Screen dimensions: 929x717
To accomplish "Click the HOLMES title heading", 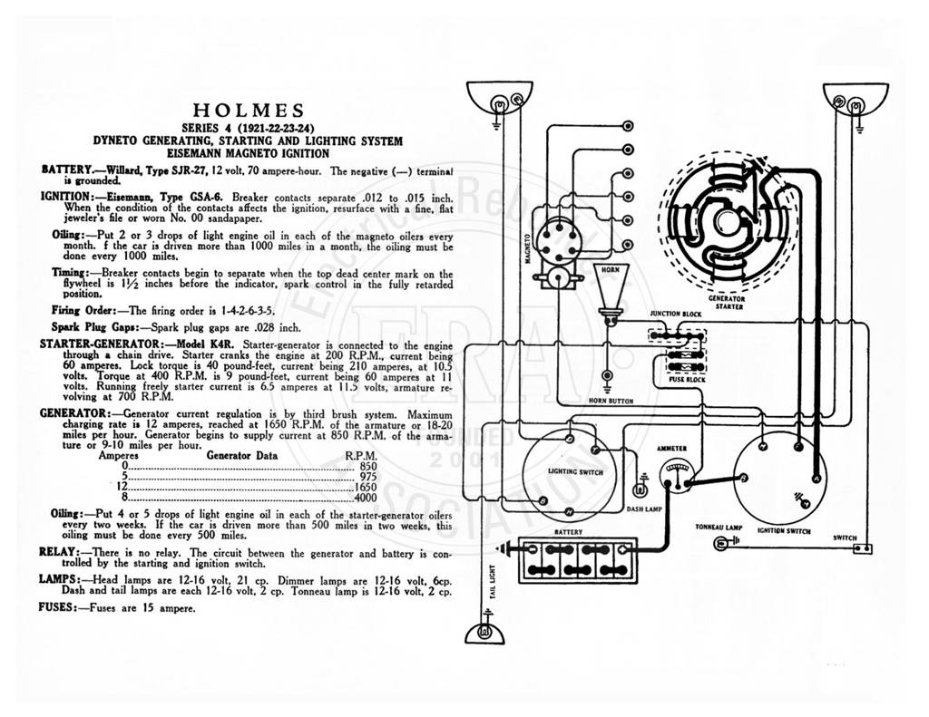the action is tap(249, 111).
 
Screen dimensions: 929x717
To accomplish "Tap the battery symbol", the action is tap(578, 560).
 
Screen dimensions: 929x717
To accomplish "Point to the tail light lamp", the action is tap(485, 634).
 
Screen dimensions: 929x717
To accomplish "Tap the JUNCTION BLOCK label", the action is tap(675, 314).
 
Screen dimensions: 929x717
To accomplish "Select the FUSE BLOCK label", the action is tap(687, 379).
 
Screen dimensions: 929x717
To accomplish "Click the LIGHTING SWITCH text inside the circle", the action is tap(575, 472).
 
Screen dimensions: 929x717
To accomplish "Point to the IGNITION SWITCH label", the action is tap(783, 531).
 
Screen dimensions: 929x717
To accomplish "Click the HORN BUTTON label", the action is tap(611, 401).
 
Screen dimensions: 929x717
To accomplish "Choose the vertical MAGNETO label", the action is tap(527, 247).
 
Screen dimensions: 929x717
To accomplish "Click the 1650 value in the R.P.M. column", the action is tap(366, 488).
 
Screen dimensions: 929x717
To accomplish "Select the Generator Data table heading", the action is tap(241, 455).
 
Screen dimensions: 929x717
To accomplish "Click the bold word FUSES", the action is tap(57, 607).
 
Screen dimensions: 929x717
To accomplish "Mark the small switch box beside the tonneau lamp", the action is tap(862, 548).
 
